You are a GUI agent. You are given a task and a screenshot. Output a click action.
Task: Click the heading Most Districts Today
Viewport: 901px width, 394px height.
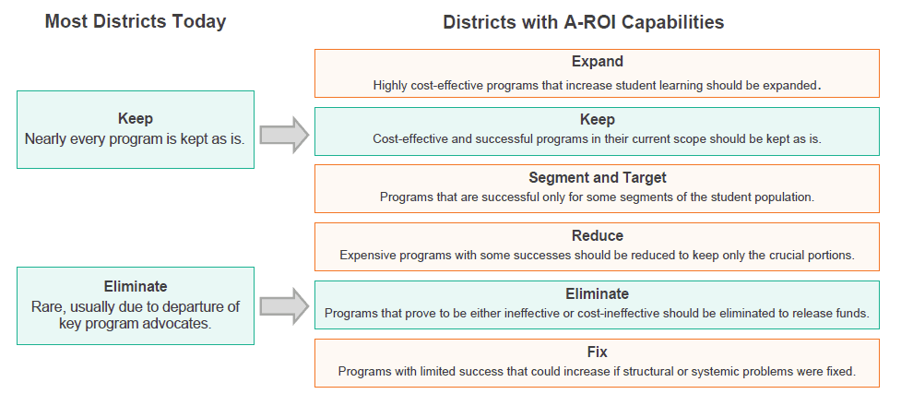pyautogui.click(x=136, y=21)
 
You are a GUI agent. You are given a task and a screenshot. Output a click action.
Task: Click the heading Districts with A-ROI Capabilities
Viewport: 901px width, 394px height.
pyautogui.click(x=583, y=22)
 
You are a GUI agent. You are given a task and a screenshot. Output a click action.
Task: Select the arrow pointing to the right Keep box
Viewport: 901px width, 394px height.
pyautogui.click(x=284, y=135)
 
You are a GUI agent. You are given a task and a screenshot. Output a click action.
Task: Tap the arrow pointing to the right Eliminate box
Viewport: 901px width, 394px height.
pyautogui.click(x=284, y=306)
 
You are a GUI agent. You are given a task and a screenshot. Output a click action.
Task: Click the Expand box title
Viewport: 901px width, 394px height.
pyautogui.click(x=597, y=62)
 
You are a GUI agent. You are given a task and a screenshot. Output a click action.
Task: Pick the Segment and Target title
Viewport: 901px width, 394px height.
pyautogui.click(x=597, y=178)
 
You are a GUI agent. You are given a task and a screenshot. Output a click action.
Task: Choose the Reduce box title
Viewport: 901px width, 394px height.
pyautogui.click(x=597, y=236)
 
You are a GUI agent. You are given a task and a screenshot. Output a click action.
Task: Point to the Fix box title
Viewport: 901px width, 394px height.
pyautogui.click(x=597, y=352)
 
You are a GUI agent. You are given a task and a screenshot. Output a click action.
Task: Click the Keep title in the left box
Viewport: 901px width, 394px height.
pyautogui.click(x=136, y=119)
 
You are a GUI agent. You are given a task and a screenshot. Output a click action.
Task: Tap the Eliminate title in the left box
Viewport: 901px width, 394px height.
pyautogui.click(x=136, y=286)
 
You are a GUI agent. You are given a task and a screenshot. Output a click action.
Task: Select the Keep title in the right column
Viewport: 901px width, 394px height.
pyautogui.click(x=597, y=120)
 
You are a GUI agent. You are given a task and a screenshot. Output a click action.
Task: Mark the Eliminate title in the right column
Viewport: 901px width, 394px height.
pyautogui.click(x=597, y=294)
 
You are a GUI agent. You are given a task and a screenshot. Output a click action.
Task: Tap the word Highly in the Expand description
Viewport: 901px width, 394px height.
pyautogui.click(x=389, y=86)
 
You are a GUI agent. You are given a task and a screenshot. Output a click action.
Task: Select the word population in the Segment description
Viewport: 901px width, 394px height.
pyautogui.click(x=785, y=197)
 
